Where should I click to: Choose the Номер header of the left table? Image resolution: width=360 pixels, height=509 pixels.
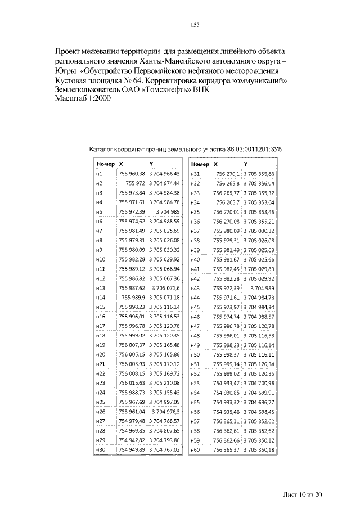105,164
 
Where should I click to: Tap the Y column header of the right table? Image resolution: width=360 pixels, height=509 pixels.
246,164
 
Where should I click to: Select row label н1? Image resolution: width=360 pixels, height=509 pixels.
99,174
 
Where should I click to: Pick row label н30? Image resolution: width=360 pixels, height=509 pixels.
101,449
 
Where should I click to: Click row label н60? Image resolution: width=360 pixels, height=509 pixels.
196,449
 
